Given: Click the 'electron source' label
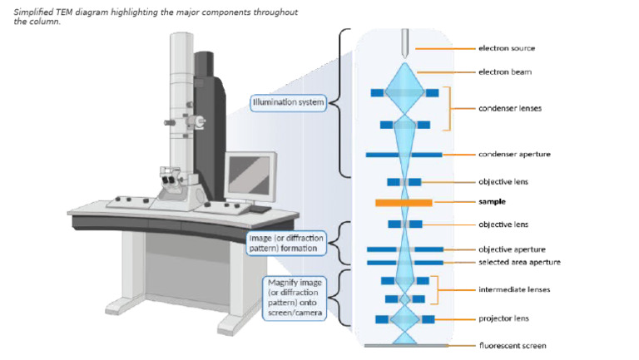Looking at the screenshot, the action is point(507,48).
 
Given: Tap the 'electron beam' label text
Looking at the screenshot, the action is point(505,72).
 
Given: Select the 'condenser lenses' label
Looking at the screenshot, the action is point(510,108).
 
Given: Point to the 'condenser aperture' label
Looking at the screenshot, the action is point(514,154).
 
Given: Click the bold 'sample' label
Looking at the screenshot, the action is point(492,201).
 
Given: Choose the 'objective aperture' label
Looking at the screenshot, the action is point(512,249).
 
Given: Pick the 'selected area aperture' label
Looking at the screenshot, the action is point(519,262).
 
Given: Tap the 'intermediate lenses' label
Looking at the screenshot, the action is point(514,289).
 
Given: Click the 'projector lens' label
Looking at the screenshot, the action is point(503,318).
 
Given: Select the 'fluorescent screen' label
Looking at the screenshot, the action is point(513,346).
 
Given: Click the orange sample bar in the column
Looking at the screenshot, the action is point(404,202).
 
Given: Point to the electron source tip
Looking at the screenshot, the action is point(404,58).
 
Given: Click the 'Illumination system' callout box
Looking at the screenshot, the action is point(288,102).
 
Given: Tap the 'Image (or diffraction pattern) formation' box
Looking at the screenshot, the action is point(286,243).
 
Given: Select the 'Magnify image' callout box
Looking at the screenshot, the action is point(295,298).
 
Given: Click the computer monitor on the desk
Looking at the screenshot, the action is point(250,175).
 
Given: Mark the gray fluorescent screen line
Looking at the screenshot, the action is point(406,346).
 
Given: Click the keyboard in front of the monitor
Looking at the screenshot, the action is point(260,209).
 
